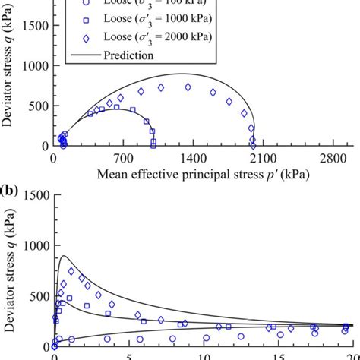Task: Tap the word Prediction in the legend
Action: [x=128, y=55]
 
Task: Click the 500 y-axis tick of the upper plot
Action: [x=36, y=106]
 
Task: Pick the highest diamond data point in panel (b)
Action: [x=71, y=271]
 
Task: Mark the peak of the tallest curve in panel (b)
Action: [x=62, y=256]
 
